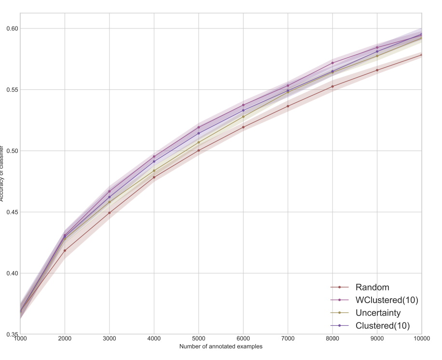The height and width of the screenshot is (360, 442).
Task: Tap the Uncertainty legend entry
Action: coord(378,313)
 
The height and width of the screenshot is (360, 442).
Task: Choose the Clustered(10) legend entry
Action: coord(382,326)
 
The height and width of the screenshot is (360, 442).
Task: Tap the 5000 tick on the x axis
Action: coord(199,340)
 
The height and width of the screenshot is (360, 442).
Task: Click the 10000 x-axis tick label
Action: coord(421,340)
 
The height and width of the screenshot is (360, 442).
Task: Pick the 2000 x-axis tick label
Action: coord(65,340)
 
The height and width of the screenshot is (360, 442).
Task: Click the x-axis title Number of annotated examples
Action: coord(221,346)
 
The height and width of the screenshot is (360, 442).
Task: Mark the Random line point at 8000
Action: coord(332,86)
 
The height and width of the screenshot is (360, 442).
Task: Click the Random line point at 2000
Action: coord(65,250)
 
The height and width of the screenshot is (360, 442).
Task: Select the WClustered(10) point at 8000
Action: coord(332,63)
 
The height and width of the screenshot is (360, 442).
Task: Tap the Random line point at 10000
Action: coord(422,55)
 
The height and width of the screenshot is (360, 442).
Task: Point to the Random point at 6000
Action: coord(243,127)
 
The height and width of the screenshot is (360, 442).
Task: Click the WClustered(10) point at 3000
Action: coord(110,192)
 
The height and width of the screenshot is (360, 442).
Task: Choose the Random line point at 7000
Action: coord(288,106)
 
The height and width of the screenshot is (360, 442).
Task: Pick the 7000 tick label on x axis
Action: coord(288,340)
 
